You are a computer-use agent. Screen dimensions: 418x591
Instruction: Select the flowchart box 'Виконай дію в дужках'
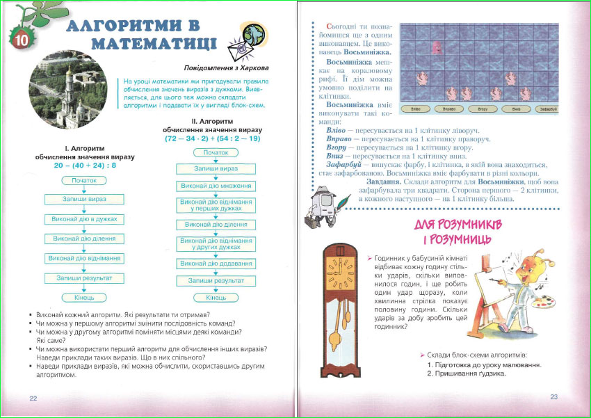point(84,219)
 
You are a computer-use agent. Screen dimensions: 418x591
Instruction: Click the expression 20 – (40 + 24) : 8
point(84,166)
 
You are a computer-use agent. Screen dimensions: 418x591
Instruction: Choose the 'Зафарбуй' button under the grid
point(547,109)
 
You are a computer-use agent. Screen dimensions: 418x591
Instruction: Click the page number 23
point(554,397)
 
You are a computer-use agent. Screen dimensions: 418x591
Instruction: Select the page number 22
point(33,398)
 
